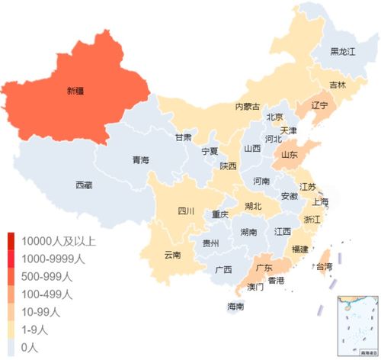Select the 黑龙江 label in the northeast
pos(343,52)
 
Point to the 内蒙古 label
pos(247,106)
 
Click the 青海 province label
pos(140,160)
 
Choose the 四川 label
pos(186,211)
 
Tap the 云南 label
pos(173,255)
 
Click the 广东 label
pos(264,268)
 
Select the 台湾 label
pos(323,266)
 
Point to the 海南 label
pos(235,307)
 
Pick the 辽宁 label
pos(319,105)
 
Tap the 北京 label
pos(274,117)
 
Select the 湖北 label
pos(252,206)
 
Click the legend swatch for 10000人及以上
pos(14,242)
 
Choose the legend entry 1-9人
pos(34,329)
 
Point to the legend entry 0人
pos(30,347)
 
